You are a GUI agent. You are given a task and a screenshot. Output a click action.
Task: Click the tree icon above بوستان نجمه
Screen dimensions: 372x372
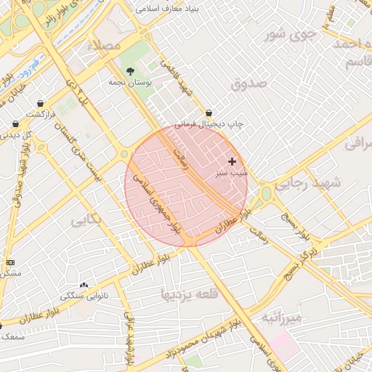click(x=130, y=71)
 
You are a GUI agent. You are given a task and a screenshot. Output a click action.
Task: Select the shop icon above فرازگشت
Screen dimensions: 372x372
click(x=39, y=103)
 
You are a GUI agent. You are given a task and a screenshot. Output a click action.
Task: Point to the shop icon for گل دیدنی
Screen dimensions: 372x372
click(x=15, y=124)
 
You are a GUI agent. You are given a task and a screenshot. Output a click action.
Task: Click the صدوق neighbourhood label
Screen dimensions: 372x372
click(x=249, y=84)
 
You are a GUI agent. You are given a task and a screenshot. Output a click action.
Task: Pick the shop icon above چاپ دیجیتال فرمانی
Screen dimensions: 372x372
click(x=209, y=113)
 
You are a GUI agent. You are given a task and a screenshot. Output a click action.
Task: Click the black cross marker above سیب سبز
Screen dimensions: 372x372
click(x=232, y=161)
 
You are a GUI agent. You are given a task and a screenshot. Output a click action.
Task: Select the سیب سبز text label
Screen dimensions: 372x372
click(x=231, y=174)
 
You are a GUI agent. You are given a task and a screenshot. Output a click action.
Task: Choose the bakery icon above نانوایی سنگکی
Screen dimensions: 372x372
click(x=84, y=285)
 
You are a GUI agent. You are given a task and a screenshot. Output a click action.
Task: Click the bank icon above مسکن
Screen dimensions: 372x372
click(x=10, y=262)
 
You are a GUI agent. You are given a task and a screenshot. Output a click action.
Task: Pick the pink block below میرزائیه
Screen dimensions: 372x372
click(x=283, y=347)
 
